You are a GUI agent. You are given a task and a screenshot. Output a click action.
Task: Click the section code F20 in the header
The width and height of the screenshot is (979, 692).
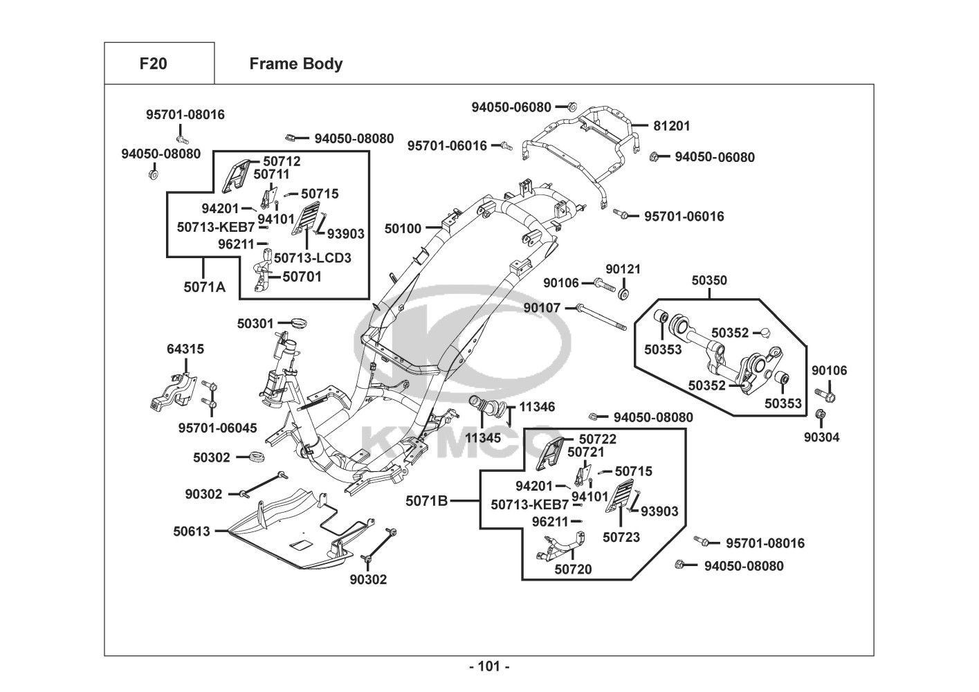(x=153, y=64)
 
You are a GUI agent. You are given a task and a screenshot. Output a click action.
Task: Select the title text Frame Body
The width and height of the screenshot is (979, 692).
(x=295, y=64)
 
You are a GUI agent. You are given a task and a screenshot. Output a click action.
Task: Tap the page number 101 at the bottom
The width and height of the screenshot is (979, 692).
(x=489, y=666)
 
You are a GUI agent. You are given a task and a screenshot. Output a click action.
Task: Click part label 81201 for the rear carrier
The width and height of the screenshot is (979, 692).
(x=672, y=126)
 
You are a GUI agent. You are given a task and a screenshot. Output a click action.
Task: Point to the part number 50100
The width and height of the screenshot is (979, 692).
(x=403, y=228)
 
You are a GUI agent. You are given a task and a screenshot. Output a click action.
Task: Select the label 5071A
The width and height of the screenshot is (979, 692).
(x=204, y=286)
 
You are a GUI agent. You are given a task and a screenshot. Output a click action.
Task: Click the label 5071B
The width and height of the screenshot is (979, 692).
(x=427, y=500)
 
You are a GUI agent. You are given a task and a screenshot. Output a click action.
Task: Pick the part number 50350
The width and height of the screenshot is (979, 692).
(x=709, y=280)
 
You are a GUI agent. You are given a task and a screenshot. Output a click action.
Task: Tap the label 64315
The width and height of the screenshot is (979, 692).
(x=185, y=349)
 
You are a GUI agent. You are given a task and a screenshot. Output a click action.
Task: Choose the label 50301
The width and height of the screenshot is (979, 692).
(x=255, y=323)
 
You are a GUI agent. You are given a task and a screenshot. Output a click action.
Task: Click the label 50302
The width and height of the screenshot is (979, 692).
(x=211, y=457)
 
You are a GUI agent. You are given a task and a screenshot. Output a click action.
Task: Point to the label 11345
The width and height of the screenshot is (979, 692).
(x=483, y=437)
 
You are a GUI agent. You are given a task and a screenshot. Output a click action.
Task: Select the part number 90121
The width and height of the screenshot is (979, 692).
(x=623, y=268)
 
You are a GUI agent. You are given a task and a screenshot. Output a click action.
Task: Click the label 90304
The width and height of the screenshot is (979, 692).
(x=821, y=437)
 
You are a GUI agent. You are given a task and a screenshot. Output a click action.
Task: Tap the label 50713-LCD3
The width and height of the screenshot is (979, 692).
(x=312, y=258)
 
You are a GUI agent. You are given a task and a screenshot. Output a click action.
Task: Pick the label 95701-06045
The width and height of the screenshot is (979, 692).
(x=217, y=428)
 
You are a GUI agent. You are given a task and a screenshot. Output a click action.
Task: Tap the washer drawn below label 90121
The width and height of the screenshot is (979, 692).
(x=623, y=294)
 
